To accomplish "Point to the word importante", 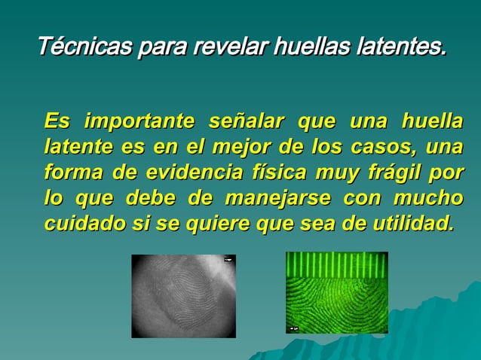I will pyautogui.click(x=140, y=121).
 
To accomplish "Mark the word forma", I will pyautogui.click(x=73, y=173).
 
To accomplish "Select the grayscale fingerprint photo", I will pyautogui.click(x=183, y=296).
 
